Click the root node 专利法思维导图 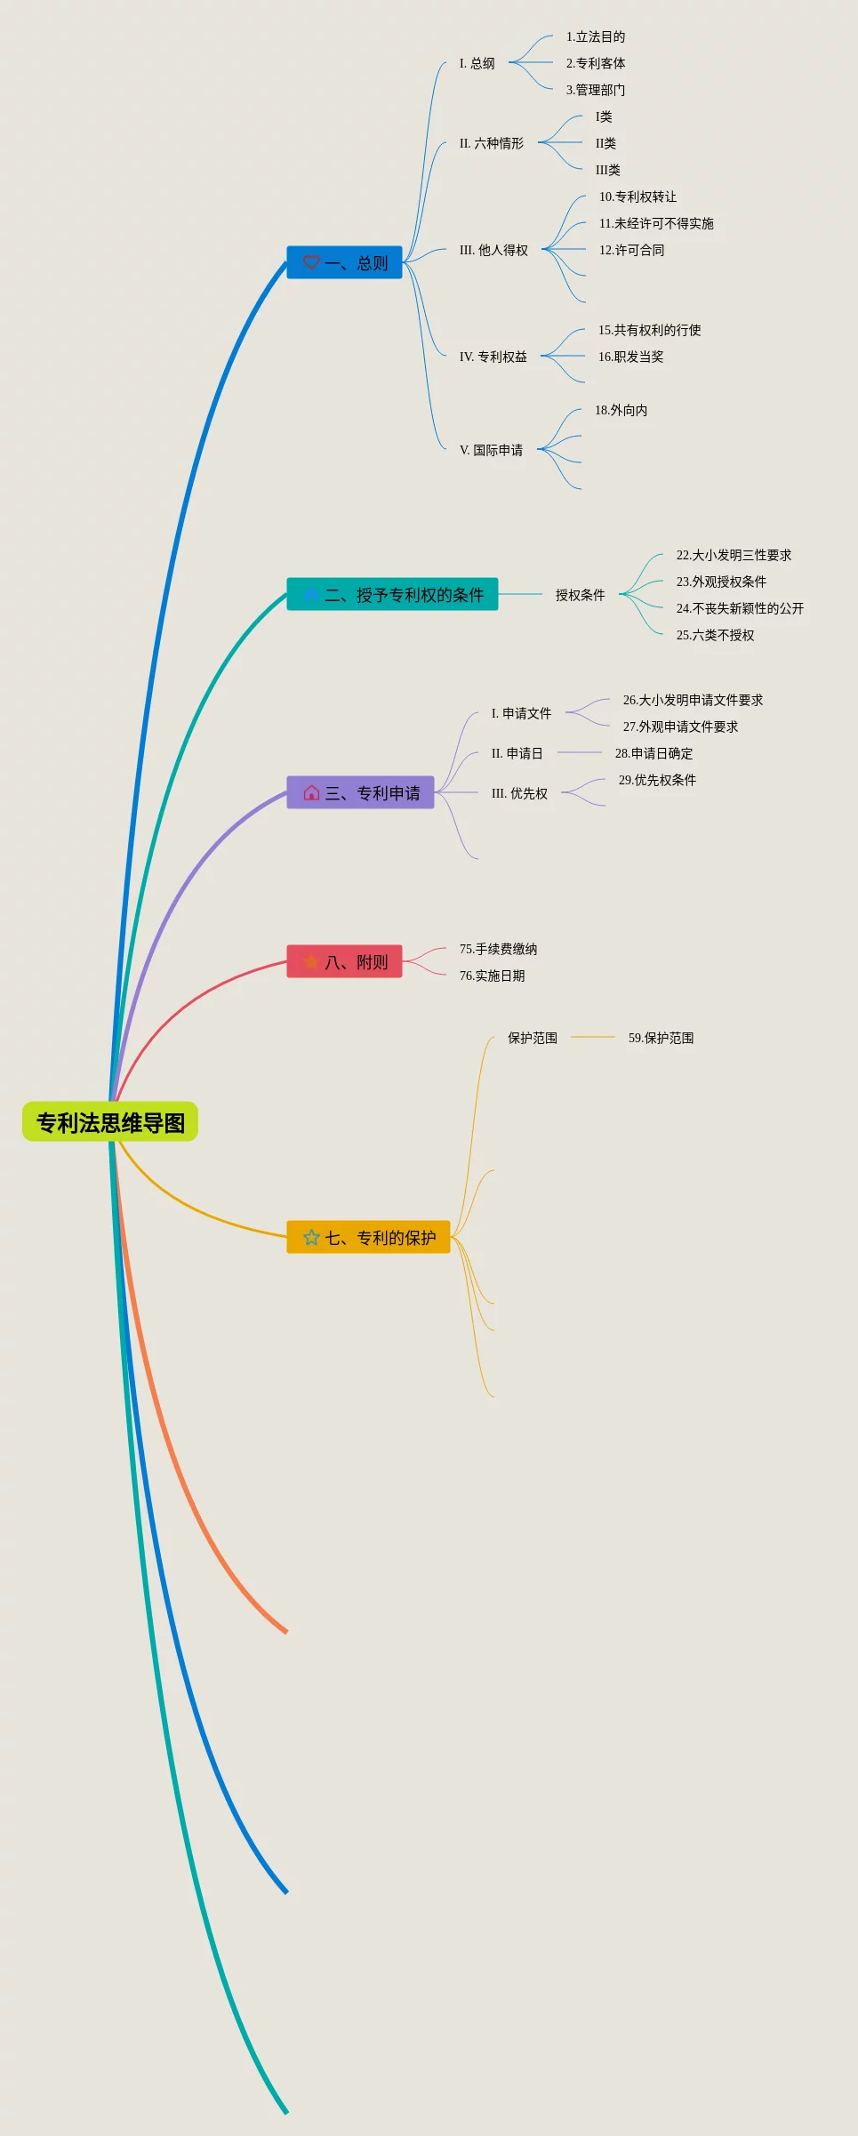110,1122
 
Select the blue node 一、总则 345,262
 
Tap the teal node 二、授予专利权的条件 392,594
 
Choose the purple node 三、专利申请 360,792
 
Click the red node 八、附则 344,961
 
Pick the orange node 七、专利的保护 368,1237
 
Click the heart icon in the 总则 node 311,262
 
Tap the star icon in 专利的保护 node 311,1237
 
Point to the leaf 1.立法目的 596,36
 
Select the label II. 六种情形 492,143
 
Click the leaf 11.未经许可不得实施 656,223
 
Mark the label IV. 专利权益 493,357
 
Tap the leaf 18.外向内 621,410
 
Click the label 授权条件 580,595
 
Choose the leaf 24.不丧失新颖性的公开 740,608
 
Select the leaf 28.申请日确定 654,753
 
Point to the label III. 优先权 519,793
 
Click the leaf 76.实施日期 492,976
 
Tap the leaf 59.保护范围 661,1038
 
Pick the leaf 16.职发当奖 630,357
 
